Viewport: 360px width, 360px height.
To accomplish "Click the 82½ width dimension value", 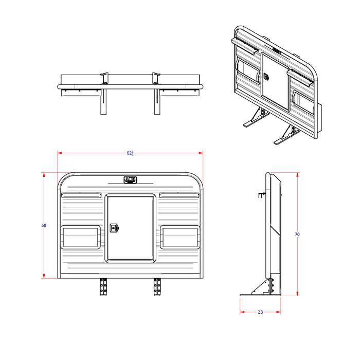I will coord(130,153).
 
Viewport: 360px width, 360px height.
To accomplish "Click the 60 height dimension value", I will coord(44,225).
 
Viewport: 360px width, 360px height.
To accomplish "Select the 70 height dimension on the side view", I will coord(297,234).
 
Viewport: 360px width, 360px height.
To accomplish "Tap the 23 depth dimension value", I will coord(260,312).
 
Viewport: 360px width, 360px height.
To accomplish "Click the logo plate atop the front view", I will coord(131,180).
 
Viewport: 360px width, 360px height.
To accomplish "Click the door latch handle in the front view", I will coord(114,227).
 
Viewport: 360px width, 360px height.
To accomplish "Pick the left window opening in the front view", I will coord(81,237).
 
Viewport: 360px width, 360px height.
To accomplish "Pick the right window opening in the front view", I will coord(180,237).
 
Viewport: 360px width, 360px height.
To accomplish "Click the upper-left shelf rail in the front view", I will coord(82,195).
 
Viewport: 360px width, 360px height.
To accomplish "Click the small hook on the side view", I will coord(261,195).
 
